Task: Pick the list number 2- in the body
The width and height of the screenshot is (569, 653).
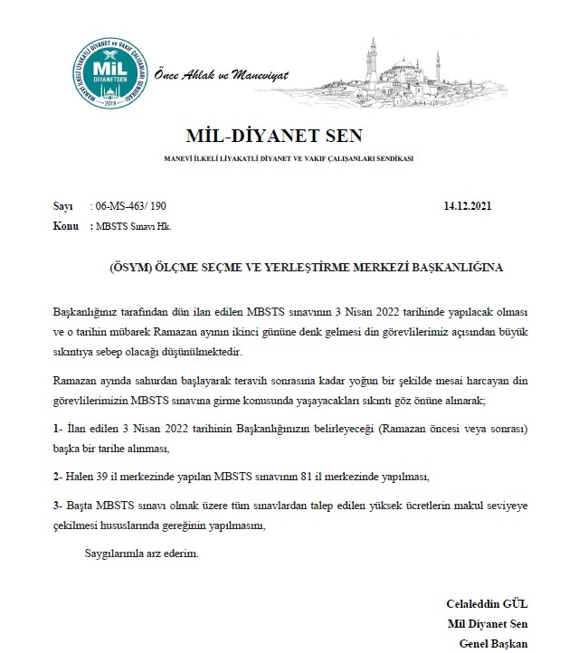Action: (57, 475)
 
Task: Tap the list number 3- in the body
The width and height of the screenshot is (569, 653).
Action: (57, 507)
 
